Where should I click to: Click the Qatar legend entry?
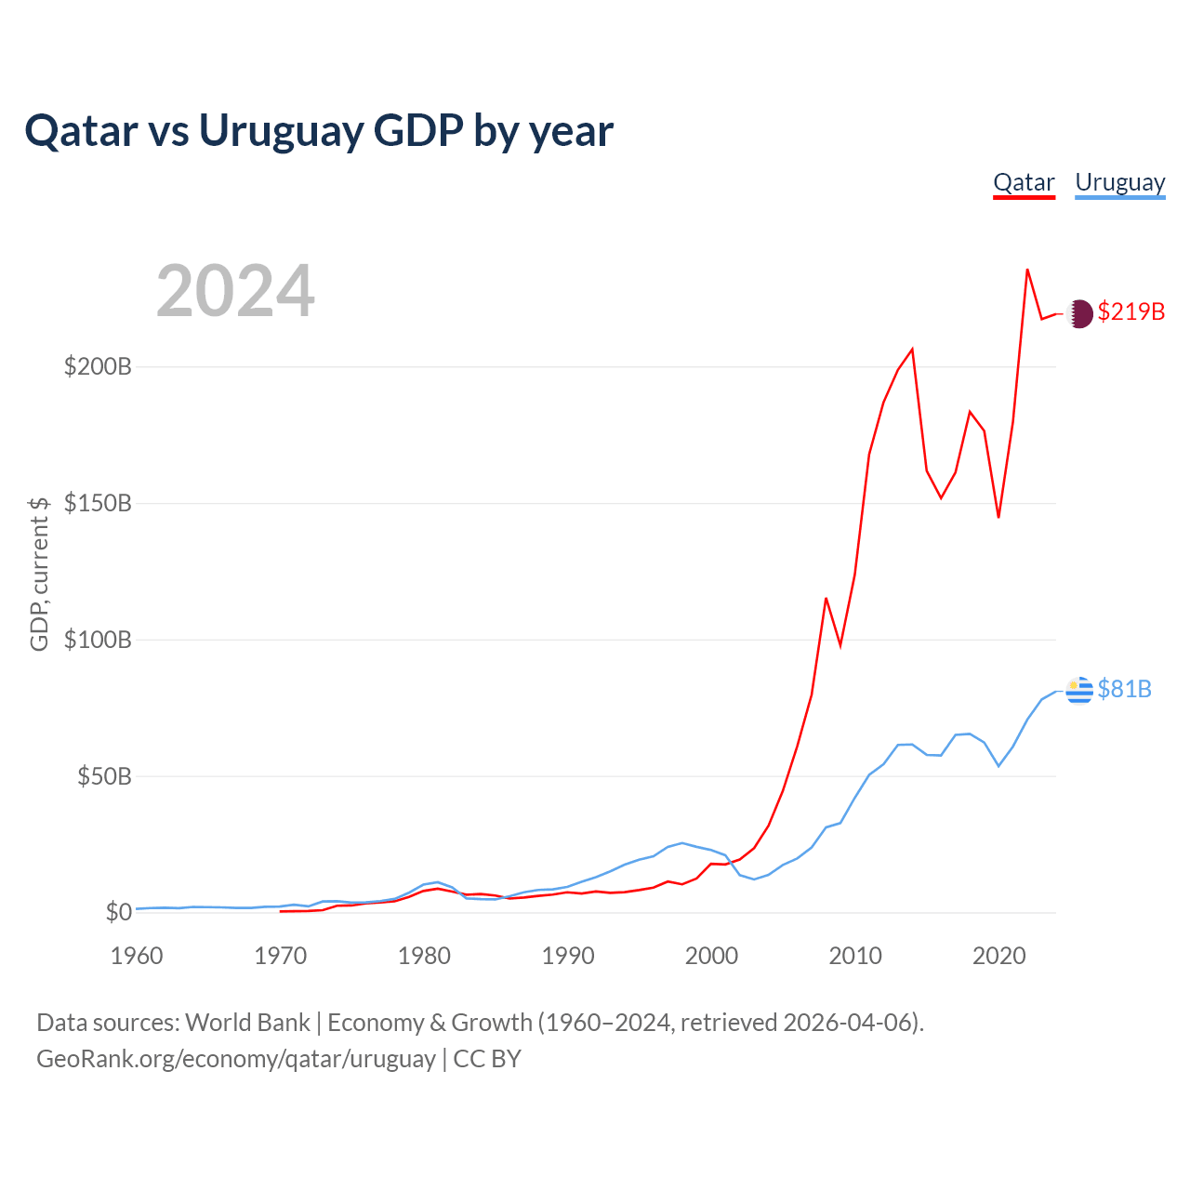[x=1024, y=183]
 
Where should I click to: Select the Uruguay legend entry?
[x=1119, y=183]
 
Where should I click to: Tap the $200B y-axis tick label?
[x=98, y=367]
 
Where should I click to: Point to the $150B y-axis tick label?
[x=98, y=503]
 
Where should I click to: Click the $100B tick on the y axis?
[x=98, y=640]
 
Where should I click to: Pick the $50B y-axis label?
[x=104, y=776]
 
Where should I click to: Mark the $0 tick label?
[x=119, y=912]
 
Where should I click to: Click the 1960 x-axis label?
[x=137, y=956]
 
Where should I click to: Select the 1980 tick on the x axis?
[x=424, y=956]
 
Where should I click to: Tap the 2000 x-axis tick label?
[x=711, y=956]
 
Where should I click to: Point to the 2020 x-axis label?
[x=999, y=956]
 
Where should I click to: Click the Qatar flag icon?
[x=1078, y=313]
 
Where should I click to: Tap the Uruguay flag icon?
[x=1078, y=691]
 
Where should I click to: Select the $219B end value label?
[x=1131, y=311]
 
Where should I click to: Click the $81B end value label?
[x=1125, y=689]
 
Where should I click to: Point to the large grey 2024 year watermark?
[x=235, y=290]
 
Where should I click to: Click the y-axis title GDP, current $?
[x=39, y=575]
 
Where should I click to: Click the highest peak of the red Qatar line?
[x=1027, y=270]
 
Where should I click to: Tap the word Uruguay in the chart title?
[x=281, y=132]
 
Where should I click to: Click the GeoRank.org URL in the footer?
[x=236, y=1059]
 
